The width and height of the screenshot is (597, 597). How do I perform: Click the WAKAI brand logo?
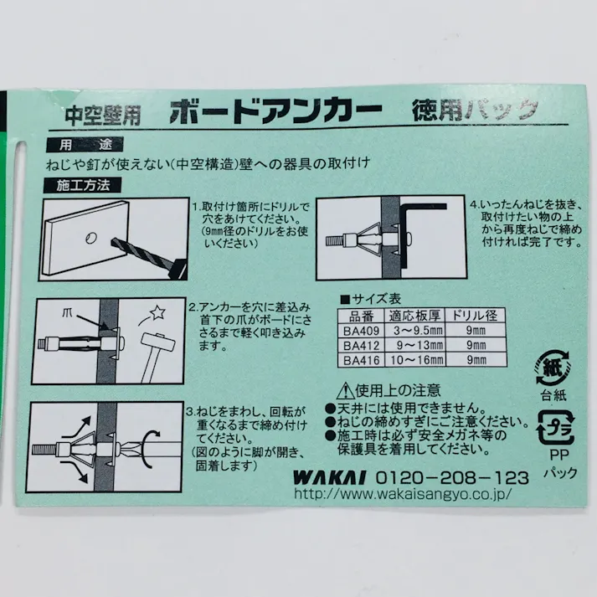(x=329, y=477)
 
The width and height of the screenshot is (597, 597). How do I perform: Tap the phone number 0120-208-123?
(x=453, y=477)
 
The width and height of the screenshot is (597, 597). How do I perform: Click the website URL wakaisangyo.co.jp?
(x=403, y=494)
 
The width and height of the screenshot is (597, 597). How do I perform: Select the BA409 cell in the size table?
(x=361, y=331)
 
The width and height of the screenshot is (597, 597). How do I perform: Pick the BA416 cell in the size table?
(x=361, y=360)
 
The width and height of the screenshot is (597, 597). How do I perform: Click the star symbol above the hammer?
(x=157, y=313)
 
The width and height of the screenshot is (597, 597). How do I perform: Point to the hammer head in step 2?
(x=158, y=342)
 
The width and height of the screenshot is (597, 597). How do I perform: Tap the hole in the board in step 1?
(x=91, y=239)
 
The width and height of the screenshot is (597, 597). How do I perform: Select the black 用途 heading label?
(x=85, y=145)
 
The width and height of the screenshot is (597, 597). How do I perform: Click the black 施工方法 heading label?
(x=84, y=185)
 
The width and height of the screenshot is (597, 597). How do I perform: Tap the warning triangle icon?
(x=346, y=390)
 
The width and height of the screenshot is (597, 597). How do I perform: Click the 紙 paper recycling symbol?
(x=553, y=368)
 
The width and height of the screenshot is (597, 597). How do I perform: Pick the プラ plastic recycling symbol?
(x=555, y=428)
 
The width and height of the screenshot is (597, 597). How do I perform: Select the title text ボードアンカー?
(x=275, y=111)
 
